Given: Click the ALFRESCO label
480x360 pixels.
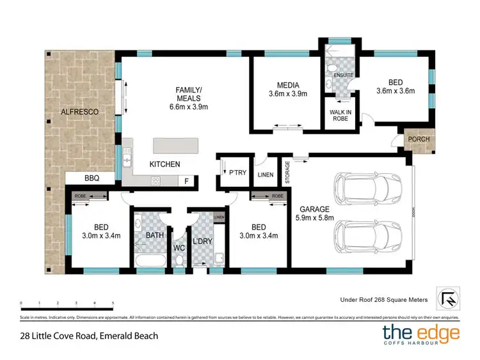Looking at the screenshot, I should tap(79, 112).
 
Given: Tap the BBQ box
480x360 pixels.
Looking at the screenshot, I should tap(91, 178).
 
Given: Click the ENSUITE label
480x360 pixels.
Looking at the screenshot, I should tap(339, 75).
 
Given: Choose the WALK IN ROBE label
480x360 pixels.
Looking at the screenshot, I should tap(339, 115).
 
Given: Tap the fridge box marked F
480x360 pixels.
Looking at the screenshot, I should tap(186, 181).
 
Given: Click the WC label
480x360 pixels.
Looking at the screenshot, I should tap(179, 244).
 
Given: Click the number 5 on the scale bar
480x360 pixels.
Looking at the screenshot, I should tap(113, 303).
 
